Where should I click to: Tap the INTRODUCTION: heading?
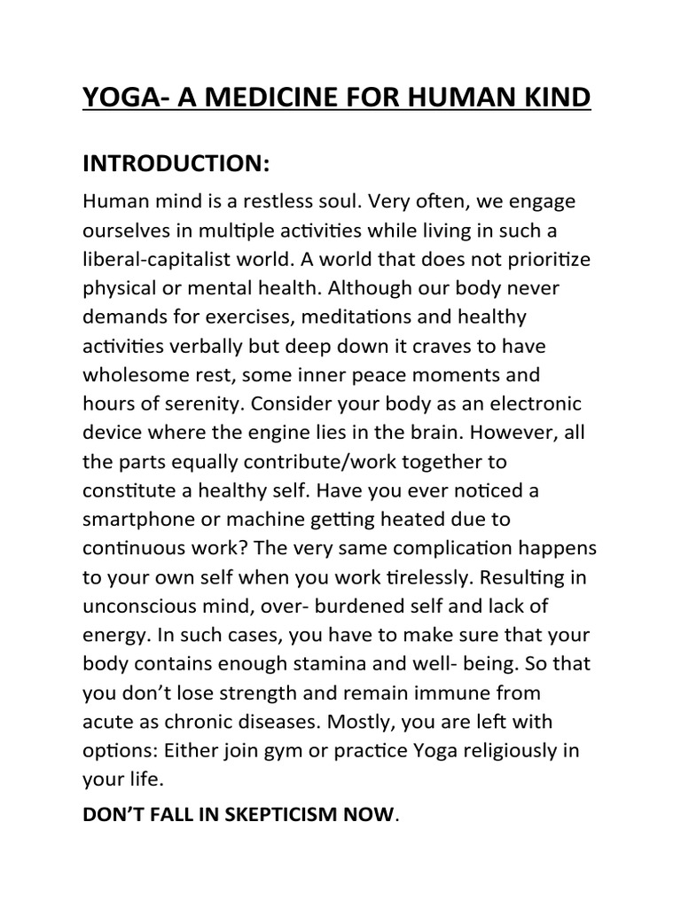[176, 164]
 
